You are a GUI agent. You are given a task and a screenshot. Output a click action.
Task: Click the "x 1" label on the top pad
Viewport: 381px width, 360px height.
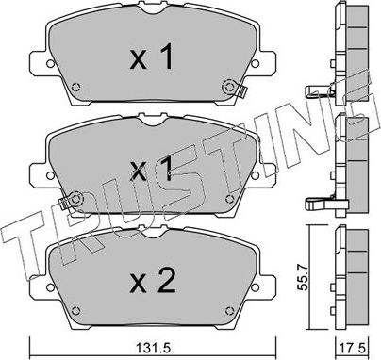151,60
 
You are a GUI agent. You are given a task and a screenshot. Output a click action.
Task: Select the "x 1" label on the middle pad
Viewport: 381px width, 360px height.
151,171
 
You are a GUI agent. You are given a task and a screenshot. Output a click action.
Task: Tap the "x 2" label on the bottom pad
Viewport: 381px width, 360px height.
151,279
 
